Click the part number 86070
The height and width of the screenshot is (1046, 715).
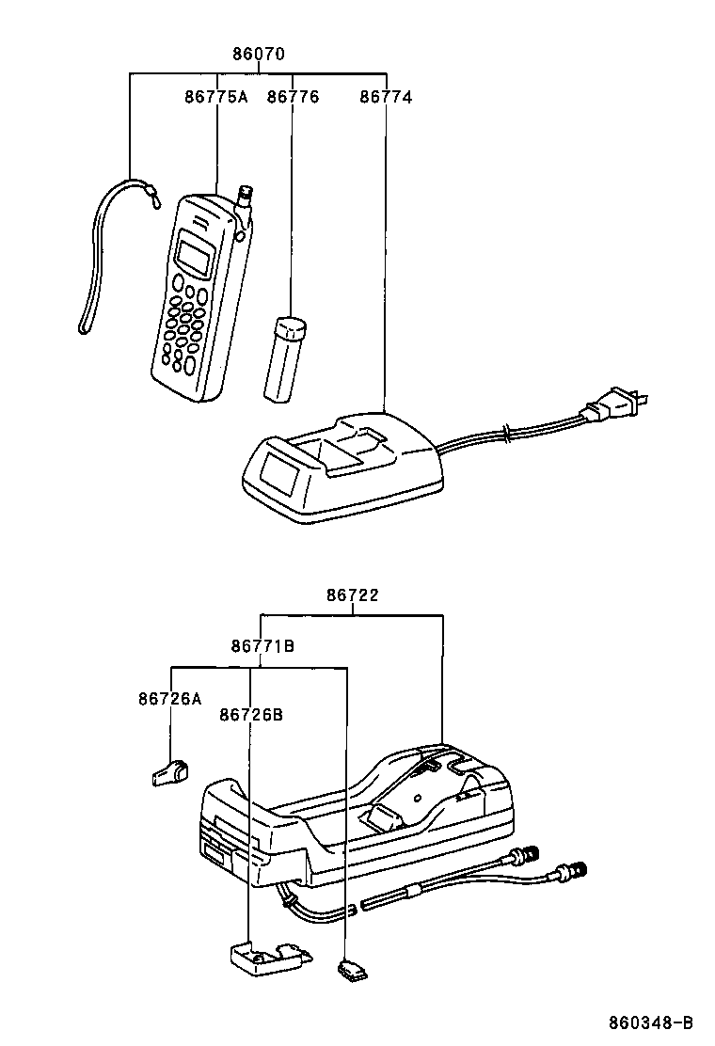pos(259,55)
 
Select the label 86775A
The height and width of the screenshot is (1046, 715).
pos(215,96)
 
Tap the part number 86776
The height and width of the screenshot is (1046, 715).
pos(293,96)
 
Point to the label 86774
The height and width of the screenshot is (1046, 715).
pos(386,96)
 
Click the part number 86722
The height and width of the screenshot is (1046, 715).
pos(353,595)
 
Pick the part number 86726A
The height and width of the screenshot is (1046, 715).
pos(169,699)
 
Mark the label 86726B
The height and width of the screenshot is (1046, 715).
pos(250,715)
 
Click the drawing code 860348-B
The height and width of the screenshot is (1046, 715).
pos(650,1022)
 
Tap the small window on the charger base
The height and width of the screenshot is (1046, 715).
pos(279,473)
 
